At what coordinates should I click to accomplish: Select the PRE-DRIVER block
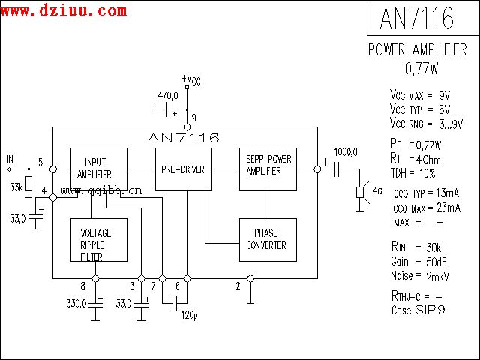coord(183,170)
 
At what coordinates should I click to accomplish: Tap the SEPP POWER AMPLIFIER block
coord(268,166)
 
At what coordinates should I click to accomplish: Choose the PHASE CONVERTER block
coord(268,239)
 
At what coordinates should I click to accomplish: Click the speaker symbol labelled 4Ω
coord(364,191)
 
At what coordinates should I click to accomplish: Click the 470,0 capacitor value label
coord(167,97)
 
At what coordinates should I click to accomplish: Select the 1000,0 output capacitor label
coord(346,151)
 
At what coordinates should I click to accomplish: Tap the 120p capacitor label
coord(189,314)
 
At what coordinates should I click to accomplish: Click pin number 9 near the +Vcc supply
coord(193,118)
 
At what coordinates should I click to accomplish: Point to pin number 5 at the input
coord(40,162)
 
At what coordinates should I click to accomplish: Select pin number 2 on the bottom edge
coord(238,286)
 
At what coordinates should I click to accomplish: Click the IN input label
coord(10,159)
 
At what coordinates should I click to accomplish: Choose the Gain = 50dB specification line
coord(421,261)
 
